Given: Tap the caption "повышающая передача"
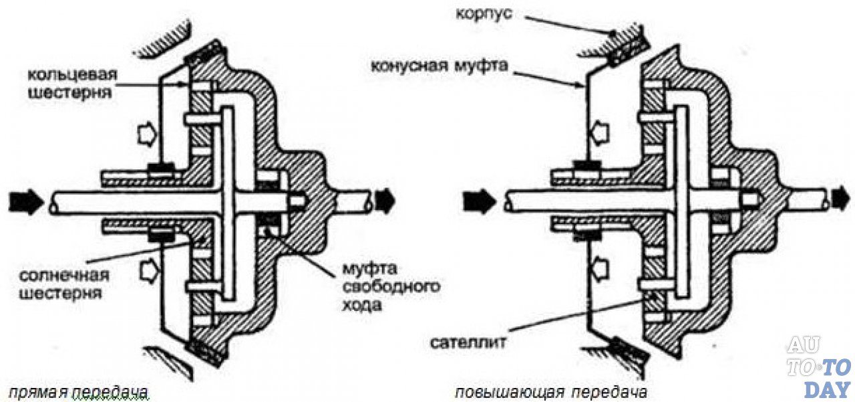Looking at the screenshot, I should [x=550, y=392].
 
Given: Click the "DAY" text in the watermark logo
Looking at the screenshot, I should [x=826, y=389].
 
